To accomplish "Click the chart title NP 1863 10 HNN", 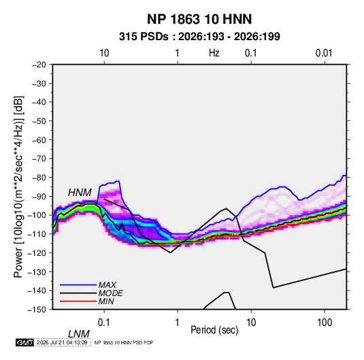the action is click(x=199, y=19).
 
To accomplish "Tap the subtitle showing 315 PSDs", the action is click(x=199, y=37).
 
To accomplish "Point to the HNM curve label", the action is click(x=80, y=193).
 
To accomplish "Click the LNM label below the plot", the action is click(x=79, y=334).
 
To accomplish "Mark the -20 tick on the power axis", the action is click(x=39, y=65).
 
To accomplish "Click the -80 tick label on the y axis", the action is click(x=39, y=178).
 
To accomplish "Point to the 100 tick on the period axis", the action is click(x=325, y=323).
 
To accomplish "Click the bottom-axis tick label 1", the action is click(x=178, y=323).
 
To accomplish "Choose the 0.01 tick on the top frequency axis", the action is click(x=324, y=53).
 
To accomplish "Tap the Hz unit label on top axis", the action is click(x=214, y=53).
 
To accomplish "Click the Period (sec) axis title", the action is click(x=214, y=330).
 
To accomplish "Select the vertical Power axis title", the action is click(x=18, y=187).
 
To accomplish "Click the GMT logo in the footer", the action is click(x=24, y=342).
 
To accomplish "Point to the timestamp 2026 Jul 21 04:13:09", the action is click(x=62, y=342).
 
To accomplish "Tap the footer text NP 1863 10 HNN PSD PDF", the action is click(x=124, y=342).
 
